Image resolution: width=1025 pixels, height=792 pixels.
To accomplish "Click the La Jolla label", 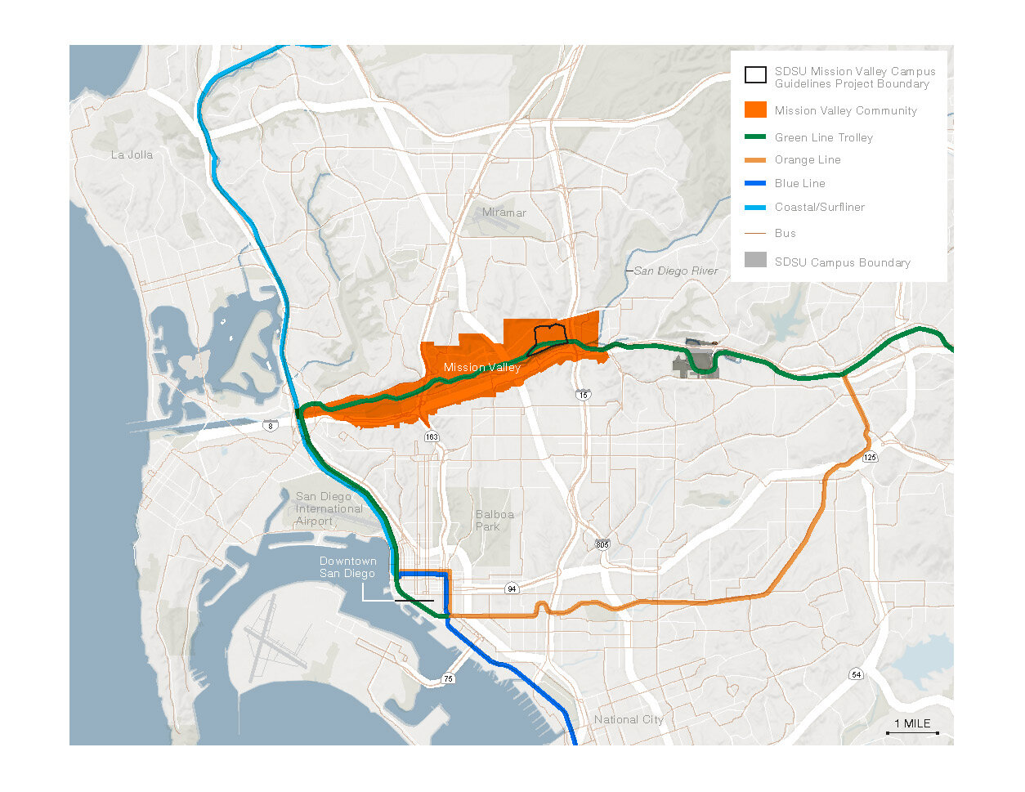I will coord(132,154).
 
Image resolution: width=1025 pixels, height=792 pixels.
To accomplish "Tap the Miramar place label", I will coord(504,213).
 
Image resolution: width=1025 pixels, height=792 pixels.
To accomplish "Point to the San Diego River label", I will coord(676,271).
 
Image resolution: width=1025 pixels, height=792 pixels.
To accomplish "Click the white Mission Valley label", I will coord(481,368).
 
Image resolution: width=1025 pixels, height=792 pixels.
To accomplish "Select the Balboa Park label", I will coord(495,521).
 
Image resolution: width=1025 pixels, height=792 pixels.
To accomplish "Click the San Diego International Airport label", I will coord(329,508).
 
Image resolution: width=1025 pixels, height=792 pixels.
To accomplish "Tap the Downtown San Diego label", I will coord(347,567).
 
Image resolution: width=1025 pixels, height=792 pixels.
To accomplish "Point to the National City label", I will coord(629,719).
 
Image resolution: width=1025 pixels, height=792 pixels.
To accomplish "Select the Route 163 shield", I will coord(432,436).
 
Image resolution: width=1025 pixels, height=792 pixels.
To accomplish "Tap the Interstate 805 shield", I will coord(602,545).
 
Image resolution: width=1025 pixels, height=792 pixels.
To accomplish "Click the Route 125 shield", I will coord(870,457).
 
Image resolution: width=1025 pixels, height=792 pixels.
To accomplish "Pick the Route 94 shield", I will coord(512,588).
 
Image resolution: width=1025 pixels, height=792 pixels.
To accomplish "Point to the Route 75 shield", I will coord(448,679).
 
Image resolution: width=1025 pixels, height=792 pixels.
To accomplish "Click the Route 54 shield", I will coord(856,674).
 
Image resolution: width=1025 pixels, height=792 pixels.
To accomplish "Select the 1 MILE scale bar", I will coord(912,727).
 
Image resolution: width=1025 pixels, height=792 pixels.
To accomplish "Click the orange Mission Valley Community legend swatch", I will coord(755,110).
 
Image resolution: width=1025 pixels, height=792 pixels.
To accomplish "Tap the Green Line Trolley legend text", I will coord(824,137).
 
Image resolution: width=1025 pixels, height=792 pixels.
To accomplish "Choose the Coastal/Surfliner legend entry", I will coord(819,207).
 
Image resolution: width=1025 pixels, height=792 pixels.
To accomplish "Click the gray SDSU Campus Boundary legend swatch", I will coord(755,260).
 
